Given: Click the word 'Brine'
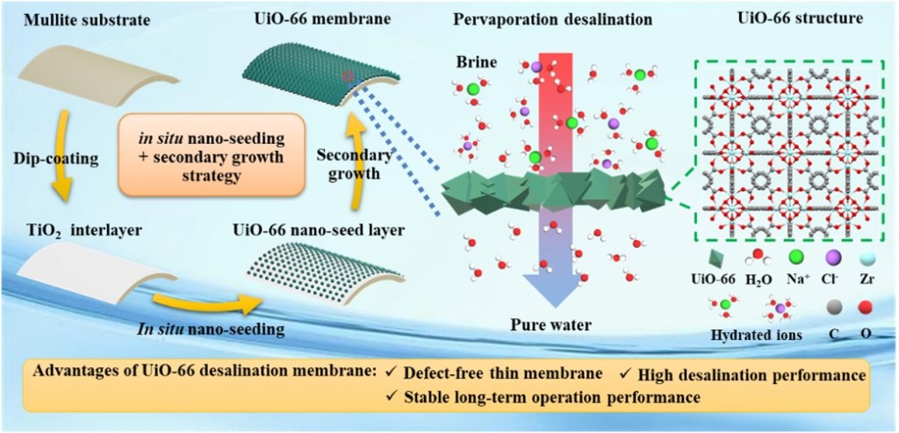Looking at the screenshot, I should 473,65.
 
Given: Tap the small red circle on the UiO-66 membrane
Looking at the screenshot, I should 349,77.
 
